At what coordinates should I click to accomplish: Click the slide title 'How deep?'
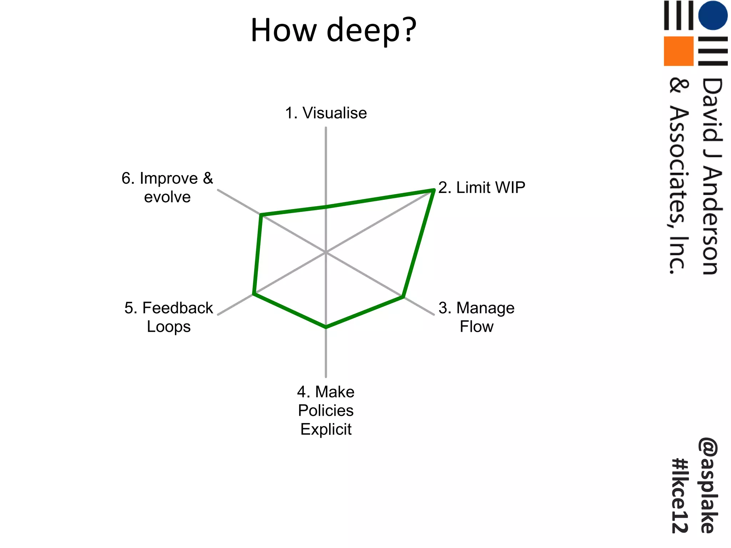[x=333, y=30]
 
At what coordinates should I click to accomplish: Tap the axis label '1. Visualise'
[x=326, y=113]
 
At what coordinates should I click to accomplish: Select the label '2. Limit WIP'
[x=482, y=188]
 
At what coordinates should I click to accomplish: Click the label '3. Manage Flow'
[x=477, y=317]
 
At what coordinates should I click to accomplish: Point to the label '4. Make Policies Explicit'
[x=326, y=411]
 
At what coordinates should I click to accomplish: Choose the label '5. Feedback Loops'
[x=168, y=317]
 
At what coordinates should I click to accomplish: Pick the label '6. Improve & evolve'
[x=167, y=188]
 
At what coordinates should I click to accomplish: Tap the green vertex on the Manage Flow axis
[x=403, y=296]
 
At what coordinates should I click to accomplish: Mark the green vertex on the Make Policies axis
[x=326, y=327]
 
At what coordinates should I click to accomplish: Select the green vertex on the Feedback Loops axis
[x=254, y=294]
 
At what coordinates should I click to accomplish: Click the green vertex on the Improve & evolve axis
[x=261, y=215]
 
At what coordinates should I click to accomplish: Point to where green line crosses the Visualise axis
[x=326, y=207]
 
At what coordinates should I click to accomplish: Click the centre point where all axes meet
[x=326, y=252]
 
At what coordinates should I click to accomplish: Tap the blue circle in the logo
[x=712, y=15]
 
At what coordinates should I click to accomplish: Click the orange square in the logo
[x=678, y=51]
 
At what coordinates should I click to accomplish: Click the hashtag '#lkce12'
[x=680, y=496]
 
